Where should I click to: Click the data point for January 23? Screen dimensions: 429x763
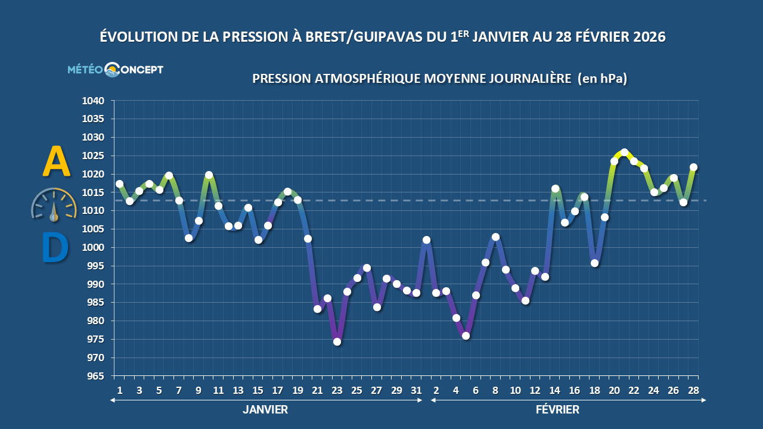[337, 341]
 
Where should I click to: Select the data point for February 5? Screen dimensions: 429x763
[466, 335]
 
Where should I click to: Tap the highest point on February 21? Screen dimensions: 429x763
[624, 152]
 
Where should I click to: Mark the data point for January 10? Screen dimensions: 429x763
[209, 175]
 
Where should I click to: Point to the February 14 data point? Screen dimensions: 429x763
[555, 189]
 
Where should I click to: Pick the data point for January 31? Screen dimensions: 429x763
[416, 293]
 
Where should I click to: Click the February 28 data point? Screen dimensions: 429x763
[693, 167]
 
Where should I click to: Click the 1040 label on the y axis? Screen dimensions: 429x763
[92, 101]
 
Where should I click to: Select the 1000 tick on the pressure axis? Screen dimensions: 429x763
[92, 248]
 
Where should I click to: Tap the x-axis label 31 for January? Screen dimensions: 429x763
[416, 391]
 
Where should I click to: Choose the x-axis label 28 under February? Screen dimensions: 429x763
[693, 391]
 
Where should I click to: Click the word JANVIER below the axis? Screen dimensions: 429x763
[265, 410]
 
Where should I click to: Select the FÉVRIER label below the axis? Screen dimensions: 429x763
[557, 410]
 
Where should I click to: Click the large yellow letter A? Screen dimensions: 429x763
[57, 163]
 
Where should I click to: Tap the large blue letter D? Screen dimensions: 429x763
[55, 248]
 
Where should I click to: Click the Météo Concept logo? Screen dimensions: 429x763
[115, 70]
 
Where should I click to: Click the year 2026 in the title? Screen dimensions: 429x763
[641, 37]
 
